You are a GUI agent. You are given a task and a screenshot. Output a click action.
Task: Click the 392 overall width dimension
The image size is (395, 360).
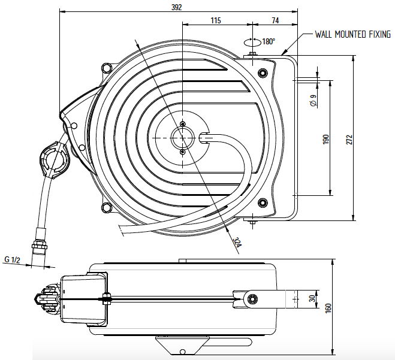pos(177,7)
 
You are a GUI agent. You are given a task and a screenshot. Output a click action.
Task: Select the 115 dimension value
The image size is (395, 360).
pos(216,20)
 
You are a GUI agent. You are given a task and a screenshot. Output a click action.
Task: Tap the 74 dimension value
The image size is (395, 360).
pos(275,20)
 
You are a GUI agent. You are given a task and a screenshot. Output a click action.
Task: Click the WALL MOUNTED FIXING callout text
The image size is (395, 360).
pos(352,34)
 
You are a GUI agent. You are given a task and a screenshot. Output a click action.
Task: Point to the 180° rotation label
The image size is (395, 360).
pos(269,41)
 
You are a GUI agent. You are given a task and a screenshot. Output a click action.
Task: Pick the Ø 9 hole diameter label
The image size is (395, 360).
pos(313,100)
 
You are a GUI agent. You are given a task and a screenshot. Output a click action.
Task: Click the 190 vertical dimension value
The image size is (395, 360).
pos(326,140)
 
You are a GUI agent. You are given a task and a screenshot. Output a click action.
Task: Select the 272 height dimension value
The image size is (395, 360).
pos(349,140)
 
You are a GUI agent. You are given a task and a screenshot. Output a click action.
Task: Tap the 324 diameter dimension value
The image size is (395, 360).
pos(237,242)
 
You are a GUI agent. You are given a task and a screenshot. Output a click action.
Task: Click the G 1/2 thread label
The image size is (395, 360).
pos(12,259)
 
